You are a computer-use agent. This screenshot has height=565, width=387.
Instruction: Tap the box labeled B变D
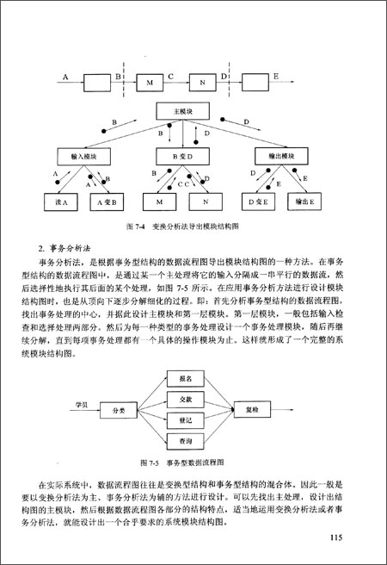180,157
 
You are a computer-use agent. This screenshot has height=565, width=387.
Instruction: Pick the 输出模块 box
280,157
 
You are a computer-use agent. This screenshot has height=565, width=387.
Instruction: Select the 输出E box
301,202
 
